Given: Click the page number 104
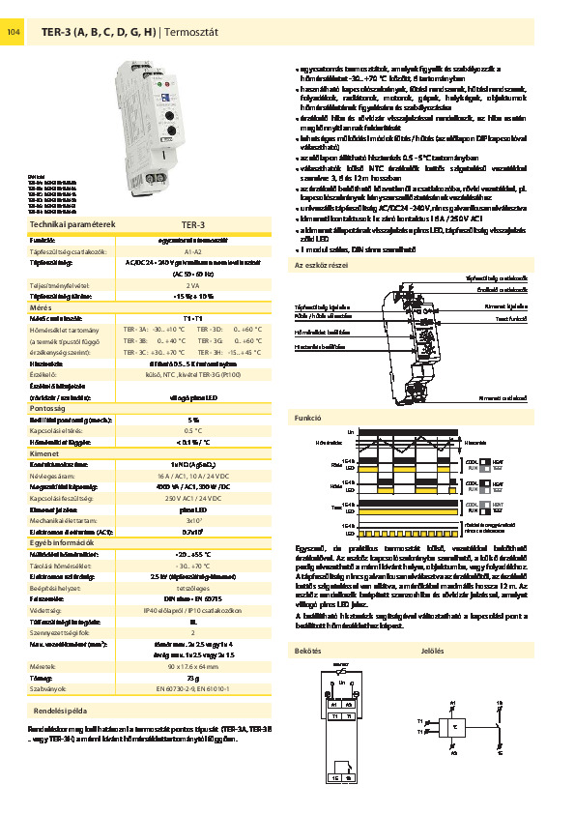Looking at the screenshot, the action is (14, 33).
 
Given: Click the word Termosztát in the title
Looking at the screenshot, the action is (193, 33).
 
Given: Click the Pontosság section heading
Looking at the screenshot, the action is (48, 409).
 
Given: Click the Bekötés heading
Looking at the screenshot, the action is (307, 651).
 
